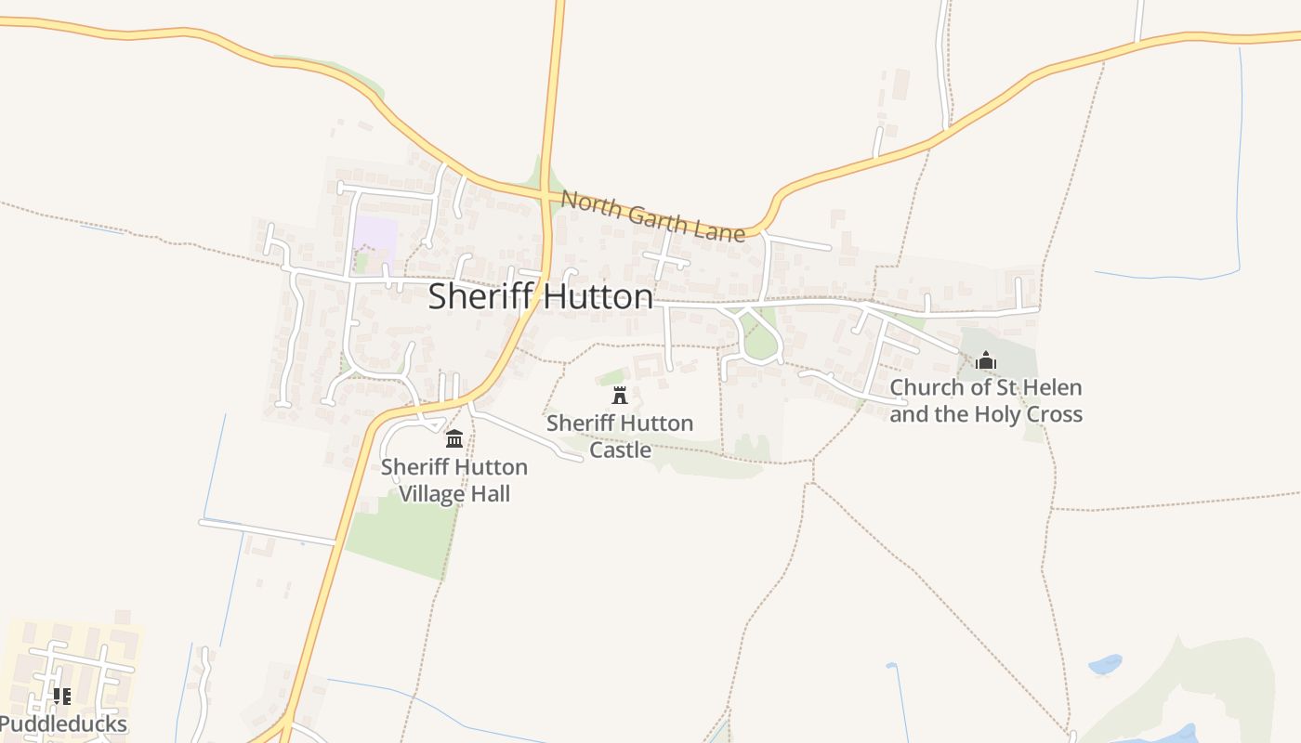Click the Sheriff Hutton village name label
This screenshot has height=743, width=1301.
point(540,296)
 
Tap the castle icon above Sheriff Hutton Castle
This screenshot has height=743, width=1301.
point(620,395)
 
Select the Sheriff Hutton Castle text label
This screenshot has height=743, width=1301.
point(620,436)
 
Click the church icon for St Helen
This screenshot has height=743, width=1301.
point(986,360)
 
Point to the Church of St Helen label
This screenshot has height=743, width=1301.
point(986,400)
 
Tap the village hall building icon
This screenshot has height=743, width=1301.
point(454,438)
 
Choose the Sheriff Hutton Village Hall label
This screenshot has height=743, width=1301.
point(454,479)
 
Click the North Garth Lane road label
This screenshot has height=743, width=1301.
point(653,215)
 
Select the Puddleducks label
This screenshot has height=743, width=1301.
point(63,724)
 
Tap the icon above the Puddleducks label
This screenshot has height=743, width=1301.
point(62,697)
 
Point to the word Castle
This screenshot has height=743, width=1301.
point(620,450)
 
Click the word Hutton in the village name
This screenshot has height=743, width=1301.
point(597,296)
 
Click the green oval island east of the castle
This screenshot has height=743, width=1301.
point(761,342)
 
